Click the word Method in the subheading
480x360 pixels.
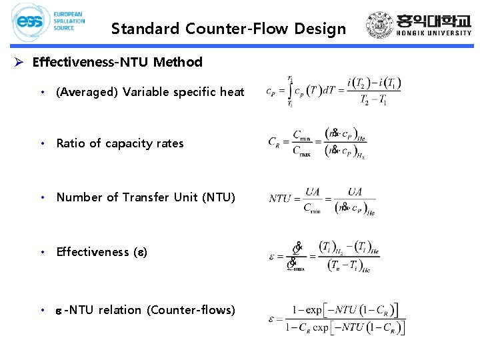[x=177, y=62]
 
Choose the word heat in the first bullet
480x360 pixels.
[x=232, y=92]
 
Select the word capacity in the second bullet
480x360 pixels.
[x=129, y=143]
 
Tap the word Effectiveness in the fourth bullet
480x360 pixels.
[x=93, y=252]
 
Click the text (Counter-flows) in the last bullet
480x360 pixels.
[x=191, y=310]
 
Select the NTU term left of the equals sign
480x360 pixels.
[x=280, y=198]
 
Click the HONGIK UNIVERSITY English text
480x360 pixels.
[x=433, y=33]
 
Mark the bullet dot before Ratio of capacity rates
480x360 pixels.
[x=42, y=143]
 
